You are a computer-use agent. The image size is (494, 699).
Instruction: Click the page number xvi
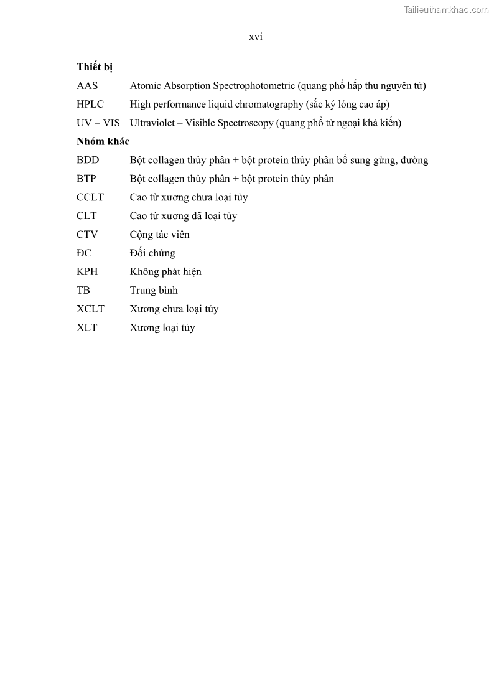coord(256,37)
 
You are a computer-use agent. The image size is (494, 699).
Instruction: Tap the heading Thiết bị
coord(95,67)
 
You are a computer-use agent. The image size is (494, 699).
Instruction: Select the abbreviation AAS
coord(87,86)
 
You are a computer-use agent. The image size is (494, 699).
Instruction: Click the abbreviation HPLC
coord(90,105)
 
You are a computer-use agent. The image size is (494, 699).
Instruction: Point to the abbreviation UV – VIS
coord(98,123)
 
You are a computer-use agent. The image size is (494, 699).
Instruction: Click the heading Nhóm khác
coord(103,141)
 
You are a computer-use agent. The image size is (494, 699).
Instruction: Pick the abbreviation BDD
coord(88,160)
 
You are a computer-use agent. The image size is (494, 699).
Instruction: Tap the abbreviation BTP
coord(86,179)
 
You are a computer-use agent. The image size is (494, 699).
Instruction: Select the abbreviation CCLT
coord(90,197)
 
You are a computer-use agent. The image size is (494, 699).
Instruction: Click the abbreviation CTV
coord(88,235)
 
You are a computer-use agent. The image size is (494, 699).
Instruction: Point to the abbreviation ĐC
coord(84,253)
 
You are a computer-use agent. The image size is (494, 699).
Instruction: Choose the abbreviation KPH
coord(87,272)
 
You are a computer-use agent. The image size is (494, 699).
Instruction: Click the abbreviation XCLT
coord(91,309)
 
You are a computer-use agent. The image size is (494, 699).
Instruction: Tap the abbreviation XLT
coord(87,328)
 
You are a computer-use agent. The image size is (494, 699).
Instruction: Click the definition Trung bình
coord(154,291)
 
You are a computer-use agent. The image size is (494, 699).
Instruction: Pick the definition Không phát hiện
coord(165,272)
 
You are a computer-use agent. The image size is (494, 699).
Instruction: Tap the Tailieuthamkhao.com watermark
coord(446,9)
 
